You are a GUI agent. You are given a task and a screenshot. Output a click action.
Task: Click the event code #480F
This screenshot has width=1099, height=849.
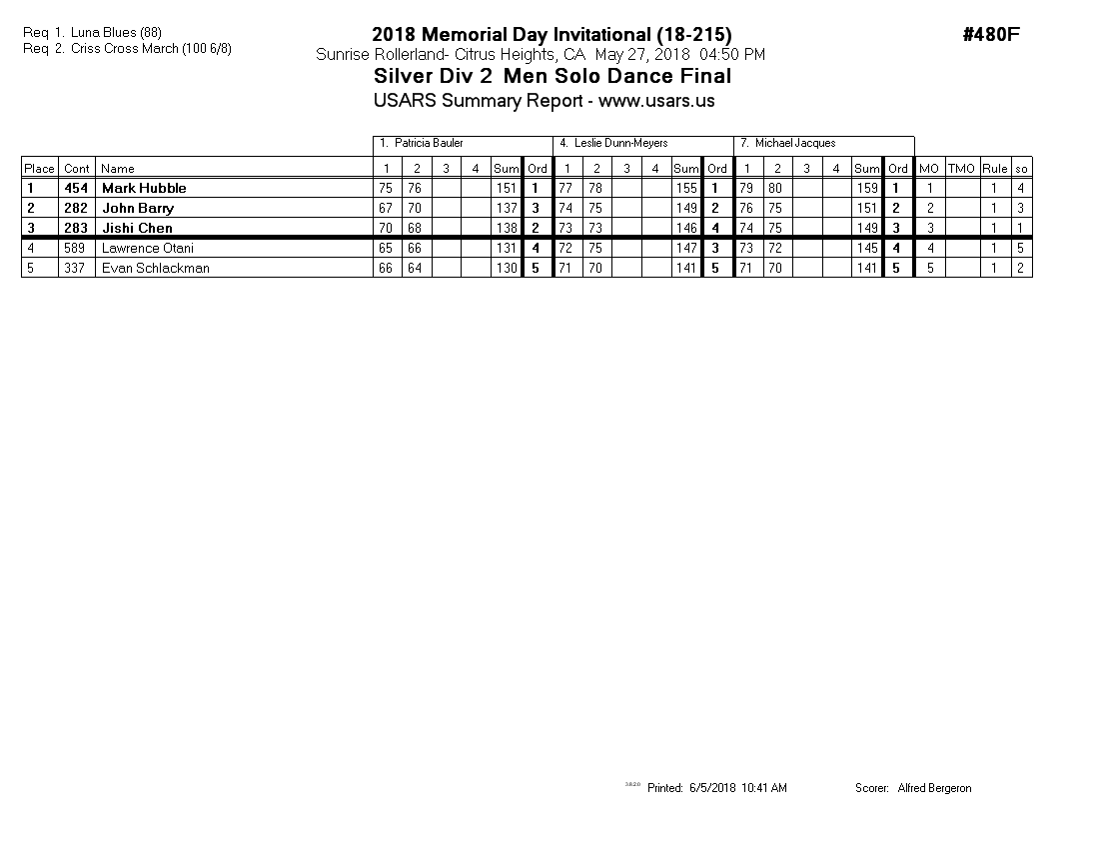pyautogui.click(x=990, y=35)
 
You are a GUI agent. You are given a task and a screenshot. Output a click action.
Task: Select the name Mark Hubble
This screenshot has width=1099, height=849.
pyautogui.click(x=144, y=188)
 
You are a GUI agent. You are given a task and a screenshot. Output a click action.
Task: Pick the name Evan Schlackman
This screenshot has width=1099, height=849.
pyautogui.click(x=156, y=268)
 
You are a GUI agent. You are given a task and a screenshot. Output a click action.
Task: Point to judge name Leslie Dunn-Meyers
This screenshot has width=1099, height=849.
pyautogui.click(x=620, y=144)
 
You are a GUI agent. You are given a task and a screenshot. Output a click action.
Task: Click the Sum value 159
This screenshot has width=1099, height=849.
pyautogui.click(x=867, y=188)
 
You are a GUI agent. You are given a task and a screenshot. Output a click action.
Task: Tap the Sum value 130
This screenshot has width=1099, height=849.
pyautogui.click(x=507, y=268)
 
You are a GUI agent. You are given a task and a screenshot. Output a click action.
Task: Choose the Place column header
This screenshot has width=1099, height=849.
pyautogui.click(x=39, y=169)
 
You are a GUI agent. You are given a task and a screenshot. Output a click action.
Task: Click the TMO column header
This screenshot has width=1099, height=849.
pyautogui.click(x=960, y=169)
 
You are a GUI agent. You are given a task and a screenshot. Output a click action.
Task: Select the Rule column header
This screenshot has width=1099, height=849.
pyautogui.click(x=994, y=169)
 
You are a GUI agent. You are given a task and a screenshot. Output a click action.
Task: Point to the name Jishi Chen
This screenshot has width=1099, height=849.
pyautogui.click(x=137, y=228)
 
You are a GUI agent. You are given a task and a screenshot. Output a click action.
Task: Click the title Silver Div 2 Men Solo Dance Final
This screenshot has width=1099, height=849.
pyautogui.click(x=552, y=77)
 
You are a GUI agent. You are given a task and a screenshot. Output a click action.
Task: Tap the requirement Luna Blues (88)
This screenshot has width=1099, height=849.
pyautogui.click(x=116, y=33)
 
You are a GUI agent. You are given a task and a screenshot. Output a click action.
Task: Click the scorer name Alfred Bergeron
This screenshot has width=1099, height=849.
pyautogui.click(x=934, y=788)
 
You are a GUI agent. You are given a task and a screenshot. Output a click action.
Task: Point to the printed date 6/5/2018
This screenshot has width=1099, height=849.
pyautogui.click(x=712, y=788)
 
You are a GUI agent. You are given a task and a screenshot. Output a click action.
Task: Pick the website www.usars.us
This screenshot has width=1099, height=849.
pyautogui.click(x=656, y=101)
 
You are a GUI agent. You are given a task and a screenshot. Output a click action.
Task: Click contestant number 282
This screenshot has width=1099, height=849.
pyautogui.click(x=77, y=208)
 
